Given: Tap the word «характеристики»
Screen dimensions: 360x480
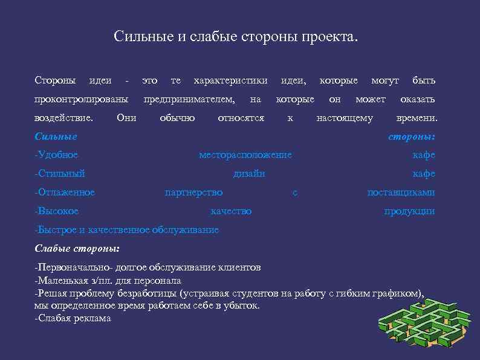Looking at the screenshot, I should [230, 80].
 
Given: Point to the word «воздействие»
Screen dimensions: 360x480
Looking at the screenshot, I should [63, 118].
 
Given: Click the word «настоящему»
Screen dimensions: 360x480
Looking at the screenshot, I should [345, 118].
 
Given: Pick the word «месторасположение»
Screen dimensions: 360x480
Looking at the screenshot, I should [245, 155].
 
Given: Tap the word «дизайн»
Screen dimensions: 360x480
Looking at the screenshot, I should [249, 174].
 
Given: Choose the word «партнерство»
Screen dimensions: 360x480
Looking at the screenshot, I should [193, 192].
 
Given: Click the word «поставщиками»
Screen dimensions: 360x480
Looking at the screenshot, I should [401, 192].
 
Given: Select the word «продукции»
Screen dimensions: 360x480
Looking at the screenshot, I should [409, 211].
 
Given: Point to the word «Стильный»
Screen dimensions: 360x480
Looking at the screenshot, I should [60, 174].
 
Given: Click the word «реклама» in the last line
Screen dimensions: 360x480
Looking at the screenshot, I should [91, 318].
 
